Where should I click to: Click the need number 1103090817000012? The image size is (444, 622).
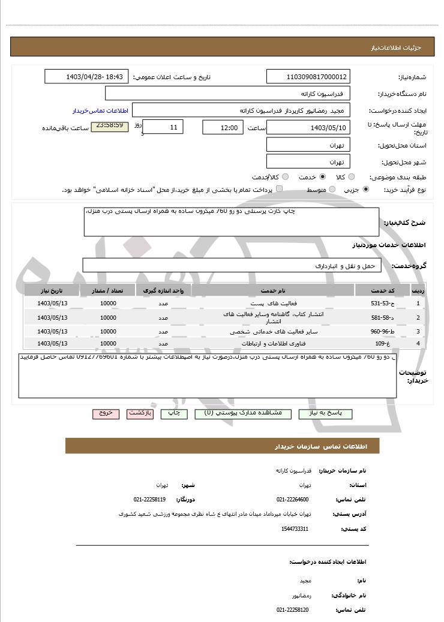[x=308, y=77]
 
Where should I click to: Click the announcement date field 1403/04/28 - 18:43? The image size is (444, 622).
[x=86, y=77]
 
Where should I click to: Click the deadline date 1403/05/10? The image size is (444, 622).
[x=308, y=128]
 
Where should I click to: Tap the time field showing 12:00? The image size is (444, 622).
[x=223, y=128]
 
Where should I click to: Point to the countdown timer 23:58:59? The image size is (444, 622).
[x=109, y=127]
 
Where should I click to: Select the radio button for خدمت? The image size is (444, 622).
[x=323, y=177]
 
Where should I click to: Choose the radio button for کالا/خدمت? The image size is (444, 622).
[x=285, y=177]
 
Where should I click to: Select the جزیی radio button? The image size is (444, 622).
[x=366, y=190]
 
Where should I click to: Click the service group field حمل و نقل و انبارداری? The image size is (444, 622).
[x=232, y=265]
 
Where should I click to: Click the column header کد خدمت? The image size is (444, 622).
[x=382, y=290]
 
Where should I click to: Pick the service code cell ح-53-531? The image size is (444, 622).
[x=382, y=304]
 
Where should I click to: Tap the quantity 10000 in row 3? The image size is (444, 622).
[x=108, y=331]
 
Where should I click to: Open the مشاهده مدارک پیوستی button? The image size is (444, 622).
[x=243, y=414]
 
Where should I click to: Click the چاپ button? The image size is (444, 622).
[x=174, y=414]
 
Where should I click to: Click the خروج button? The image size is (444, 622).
[x=106, y=414]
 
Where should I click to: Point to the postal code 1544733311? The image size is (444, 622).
[x=295, y=528]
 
